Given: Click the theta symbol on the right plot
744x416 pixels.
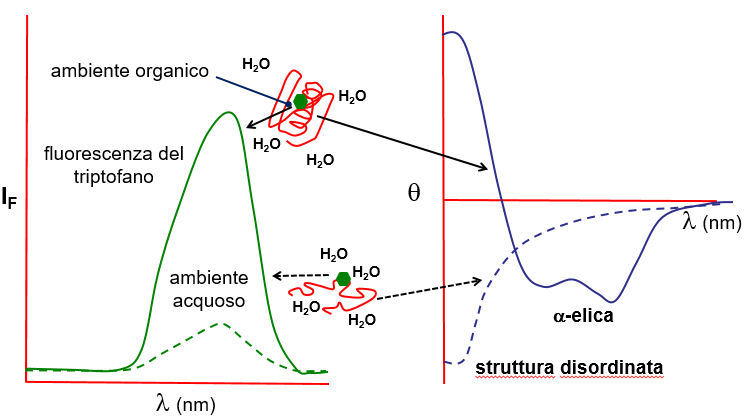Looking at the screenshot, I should coord(413,192).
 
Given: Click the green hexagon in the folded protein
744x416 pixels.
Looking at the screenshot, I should coord(300,101).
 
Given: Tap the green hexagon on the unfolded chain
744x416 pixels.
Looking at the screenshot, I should coord(344,279).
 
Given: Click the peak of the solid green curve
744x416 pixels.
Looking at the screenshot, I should coord(229,113).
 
